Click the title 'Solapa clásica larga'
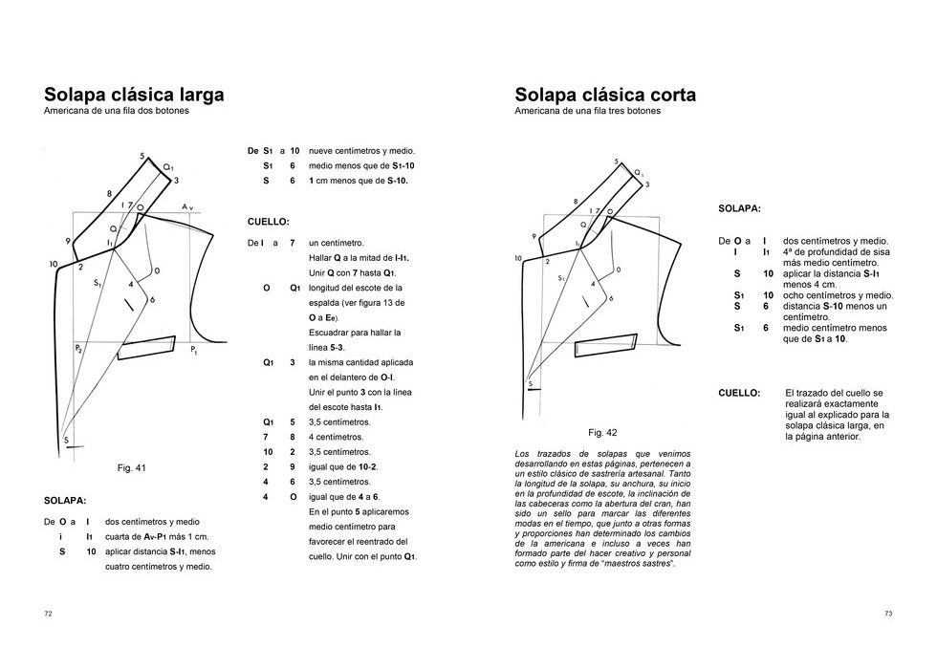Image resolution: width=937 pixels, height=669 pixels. [134, 95]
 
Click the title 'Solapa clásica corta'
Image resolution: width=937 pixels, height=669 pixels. [605, 95]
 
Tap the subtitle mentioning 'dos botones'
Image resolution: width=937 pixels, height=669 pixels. [117, 111]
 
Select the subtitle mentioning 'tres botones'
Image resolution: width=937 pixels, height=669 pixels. [587, 111]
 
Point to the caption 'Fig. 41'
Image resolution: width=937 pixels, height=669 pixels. [131, 468]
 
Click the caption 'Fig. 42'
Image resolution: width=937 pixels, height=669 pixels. [602, 432]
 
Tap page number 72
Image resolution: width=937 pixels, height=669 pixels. [48, 614]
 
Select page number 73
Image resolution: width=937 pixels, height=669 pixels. [888, 614]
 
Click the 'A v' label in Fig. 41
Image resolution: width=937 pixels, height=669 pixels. [188, 206]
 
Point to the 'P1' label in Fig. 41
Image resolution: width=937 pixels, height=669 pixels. [194, 352]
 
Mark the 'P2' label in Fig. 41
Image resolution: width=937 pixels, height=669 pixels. [78, 349]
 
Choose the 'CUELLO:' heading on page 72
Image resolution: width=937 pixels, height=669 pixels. [268, 223]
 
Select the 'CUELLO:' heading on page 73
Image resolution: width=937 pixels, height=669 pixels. [739, 392]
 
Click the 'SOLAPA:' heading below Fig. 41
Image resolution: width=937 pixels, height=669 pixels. [65, 500]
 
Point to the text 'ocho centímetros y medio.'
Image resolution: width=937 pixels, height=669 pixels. [838, 295]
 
